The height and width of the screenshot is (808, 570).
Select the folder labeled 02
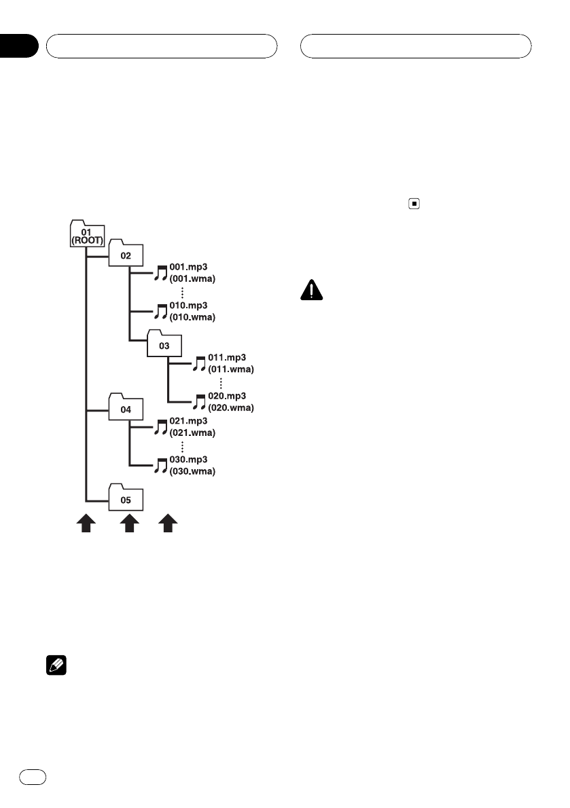tap(126, 255)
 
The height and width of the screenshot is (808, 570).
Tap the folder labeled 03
tap(164, 345)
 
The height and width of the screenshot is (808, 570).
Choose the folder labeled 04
tap(126, 409)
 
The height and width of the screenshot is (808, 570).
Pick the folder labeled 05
tap(126, 499)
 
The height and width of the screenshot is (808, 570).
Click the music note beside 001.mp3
tap(160, 273)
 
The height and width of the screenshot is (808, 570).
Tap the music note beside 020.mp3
tap(199, 401)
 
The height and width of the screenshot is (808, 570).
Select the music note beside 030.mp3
tap(161, 465)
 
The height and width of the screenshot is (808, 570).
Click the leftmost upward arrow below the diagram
tap(86, 524)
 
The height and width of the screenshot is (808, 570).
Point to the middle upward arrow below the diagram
tap(129, 524)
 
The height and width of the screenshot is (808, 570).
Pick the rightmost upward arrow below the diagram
tap(168, 524)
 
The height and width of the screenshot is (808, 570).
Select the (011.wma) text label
tap(231, 369)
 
